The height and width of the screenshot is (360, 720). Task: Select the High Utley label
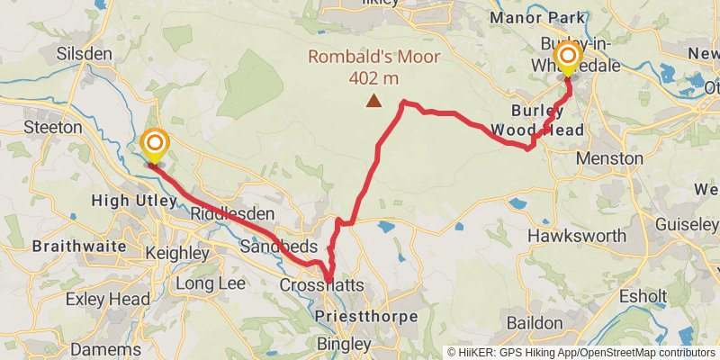[135, 200]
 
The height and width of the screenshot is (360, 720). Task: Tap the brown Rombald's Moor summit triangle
[373, 102]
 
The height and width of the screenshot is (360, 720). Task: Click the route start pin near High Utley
[155, 145]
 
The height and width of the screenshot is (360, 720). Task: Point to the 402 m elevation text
[373, 77]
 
